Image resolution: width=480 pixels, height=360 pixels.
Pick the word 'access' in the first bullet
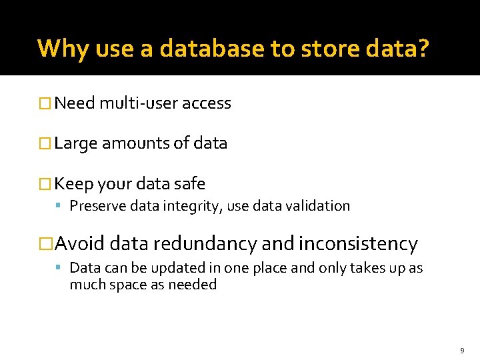coord(207,103)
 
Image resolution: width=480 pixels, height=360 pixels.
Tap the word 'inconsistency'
coord(358,244)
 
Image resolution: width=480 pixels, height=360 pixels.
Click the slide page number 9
coord(461,350)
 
